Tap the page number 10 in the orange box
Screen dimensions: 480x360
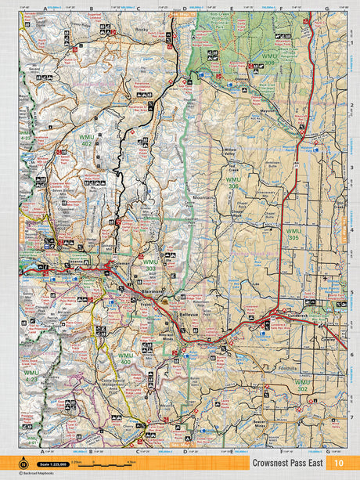[337, 464]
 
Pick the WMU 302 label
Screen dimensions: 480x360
[302, 384]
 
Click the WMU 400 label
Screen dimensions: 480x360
[124, 359]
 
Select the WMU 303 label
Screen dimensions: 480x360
[149, 265]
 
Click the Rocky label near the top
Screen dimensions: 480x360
[142, 30]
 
